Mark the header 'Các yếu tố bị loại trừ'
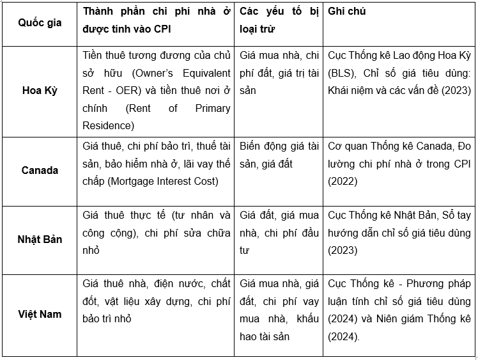point(279,20)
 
